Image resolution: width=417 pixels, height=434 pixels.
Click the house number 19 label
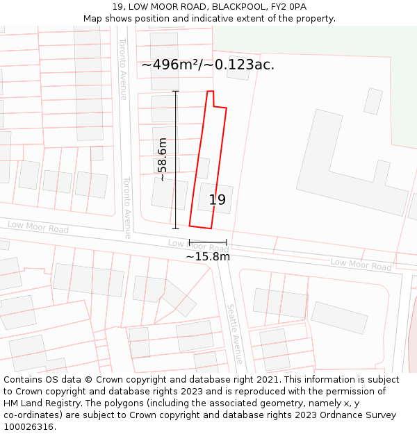point(218,200)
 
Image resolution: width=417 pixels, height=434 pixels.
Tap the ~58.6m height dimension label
point(163,160)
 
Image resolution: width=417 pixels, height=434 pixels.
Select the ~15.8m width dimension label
point(208,257)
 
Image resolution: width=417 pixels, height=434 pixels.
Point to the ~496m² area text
point(208,65)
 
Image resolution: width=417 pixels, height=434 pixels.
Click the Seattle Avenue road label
point(235,333)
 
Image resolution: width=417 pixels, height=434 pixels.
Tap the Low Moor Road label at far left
point(38,228)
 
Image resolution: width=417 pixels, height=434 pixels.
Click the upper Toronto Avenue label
point(123,69)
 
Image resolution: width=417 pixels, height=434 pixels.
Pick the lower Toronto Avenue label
point(126,208)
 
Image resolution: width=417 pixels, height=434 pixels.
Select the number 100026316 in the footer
point(28,427)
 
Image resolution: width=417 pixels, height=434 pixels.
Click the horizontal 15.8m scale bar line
point(208,242)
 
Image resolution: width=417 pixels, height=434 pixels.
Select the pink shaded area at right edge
point(413,333)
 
